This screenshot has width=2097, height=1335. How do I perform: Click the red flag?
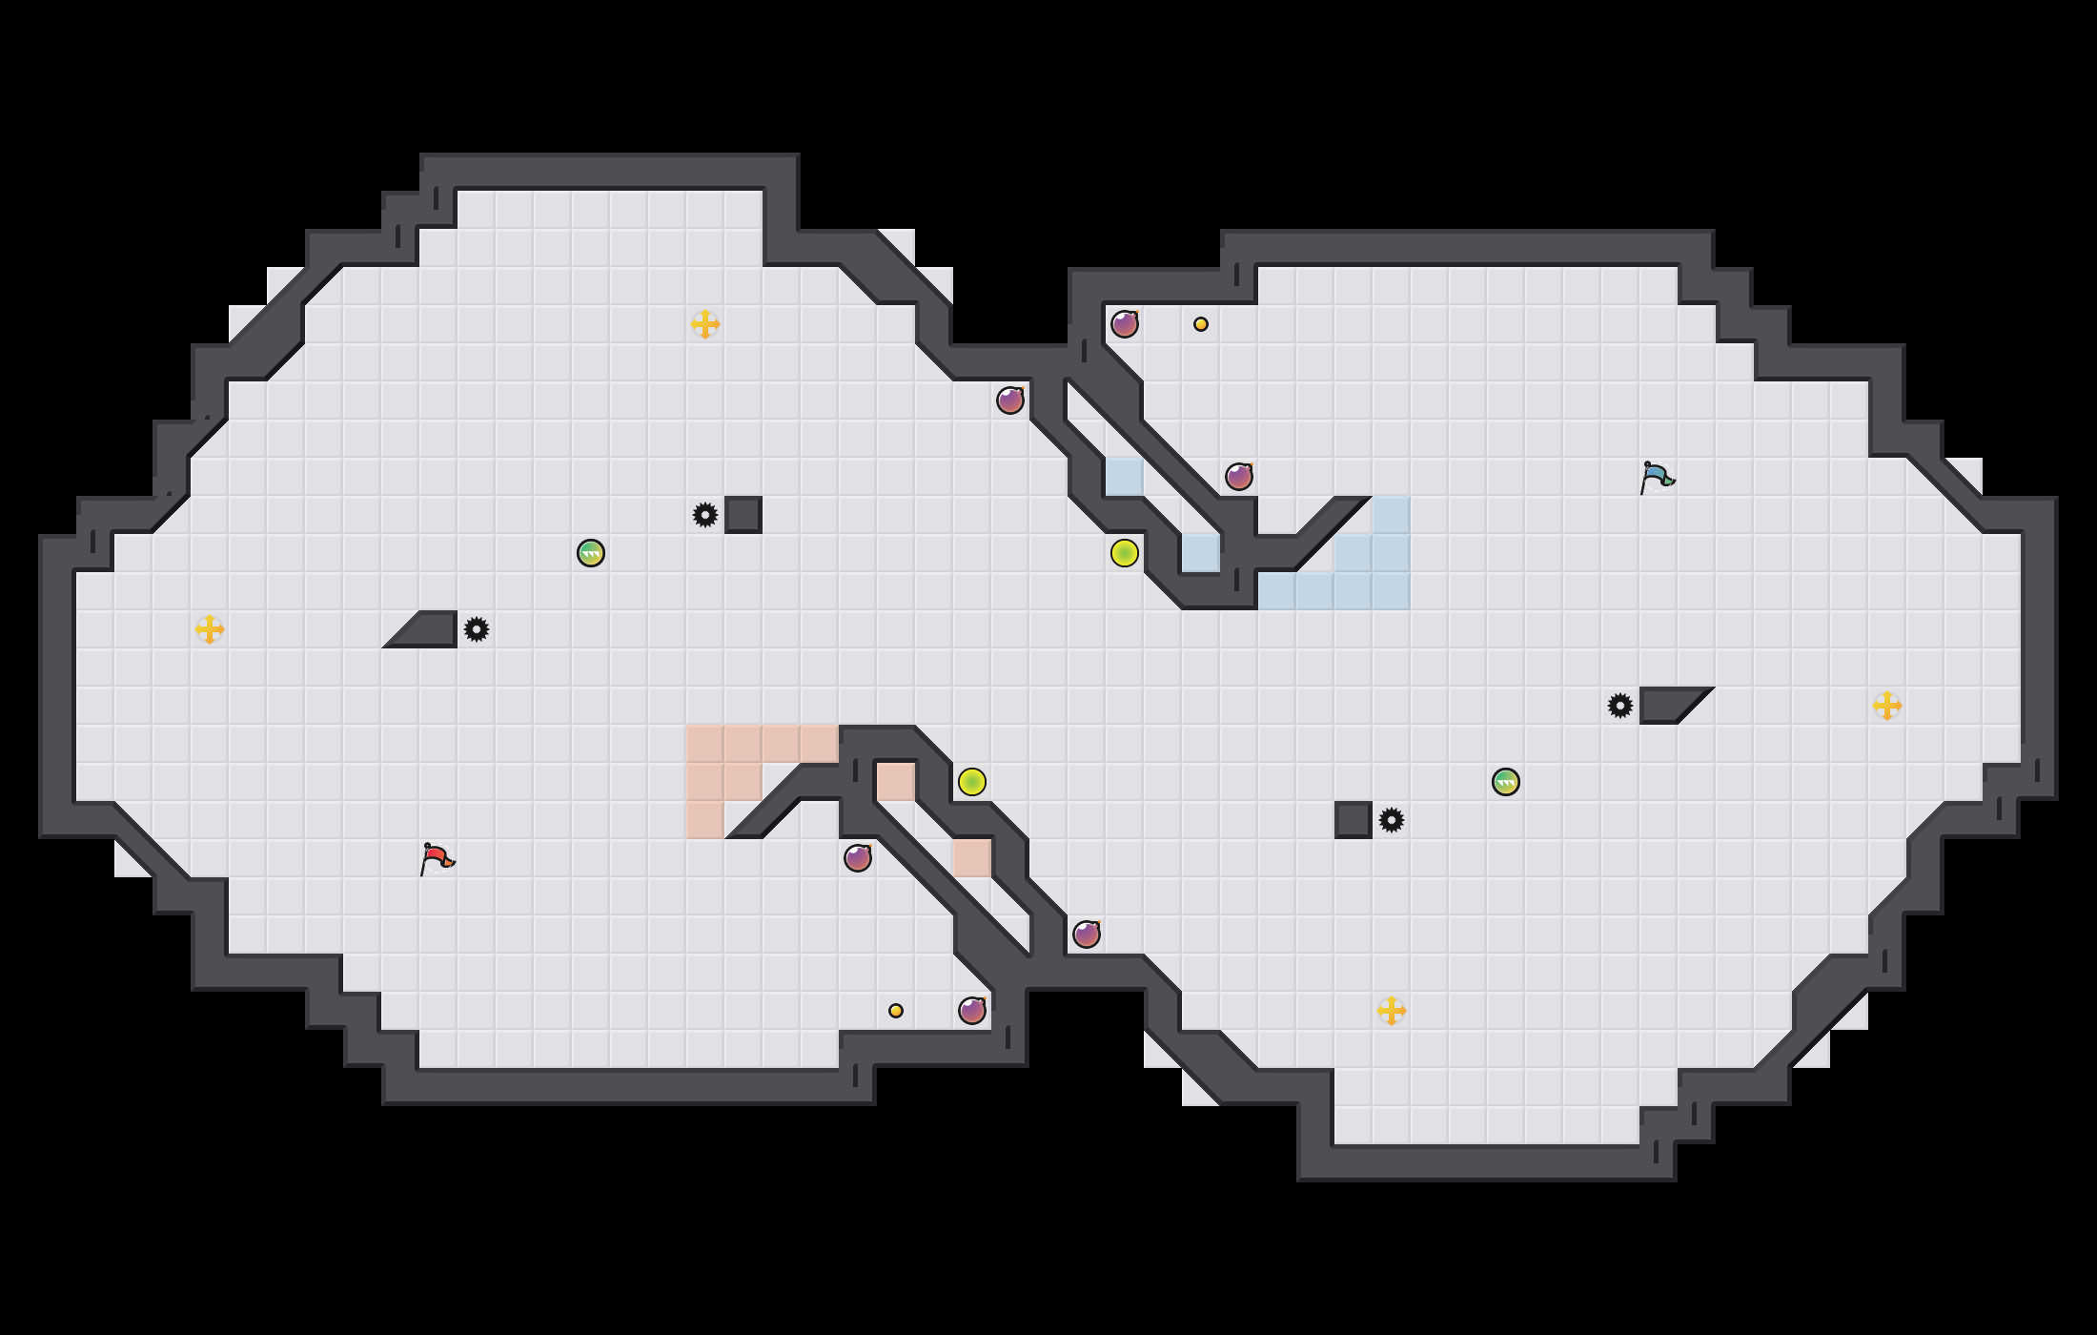click(x=437, y=858)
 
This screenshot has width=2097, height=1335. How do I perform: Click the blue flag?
click(x=1657, y=477)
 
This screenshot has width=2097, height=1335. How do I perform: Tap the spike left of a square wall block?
click(x=705, y=515)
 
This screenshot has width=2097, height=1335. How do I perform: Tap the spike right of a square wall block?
click(x=1392, y=820)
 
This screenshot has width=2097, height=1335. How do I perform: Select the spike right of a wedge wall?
click(x=477, y=629)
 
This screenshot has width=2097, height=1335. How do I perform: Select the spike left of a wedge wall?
click(x=1620, y=706)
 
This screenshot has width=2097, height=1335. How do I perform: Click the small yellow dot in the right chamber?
click(x=1201, y=324)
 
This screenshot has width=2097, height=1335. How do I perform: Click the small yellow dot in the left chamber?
click(x=896, y=1011)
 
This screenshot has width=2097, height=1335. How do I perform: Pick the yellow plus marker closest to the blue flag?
click(x=1887, y=706)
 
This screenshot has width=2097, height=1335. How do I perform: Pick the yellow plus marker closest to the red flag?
click(x=210, y=629)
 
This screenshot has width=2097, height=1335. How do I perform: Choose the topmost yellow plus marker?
click(x=705, y=324)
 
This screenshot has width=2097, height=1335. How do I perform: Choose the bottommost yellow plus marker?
click(x=1392, y=1011)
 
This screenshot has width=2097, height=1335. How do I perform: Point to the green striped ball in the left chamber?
click(x=591, y=553)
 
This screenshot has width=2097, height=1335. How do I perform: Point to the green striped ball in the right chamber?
click(x=1506, y=782)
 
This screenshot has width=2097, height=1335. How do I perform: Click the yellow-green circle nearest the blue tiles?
click(x=1125, y=553)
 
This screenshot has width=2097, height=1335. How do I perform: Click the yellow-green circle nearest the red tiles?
click(x=972, y=782)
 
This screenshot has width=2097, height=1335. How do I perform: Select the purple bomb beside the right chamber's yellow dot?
click(x=1125, y=324)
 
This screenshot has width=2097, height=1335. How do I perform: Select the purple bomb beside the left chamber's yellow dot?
click(x=972, y=1011)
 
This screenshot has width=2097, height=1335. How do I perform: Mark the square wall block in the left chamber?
click(x=743, y=515)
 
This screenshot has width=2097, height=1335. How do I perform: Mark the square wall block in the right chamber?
click(x=1354, y=820)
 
